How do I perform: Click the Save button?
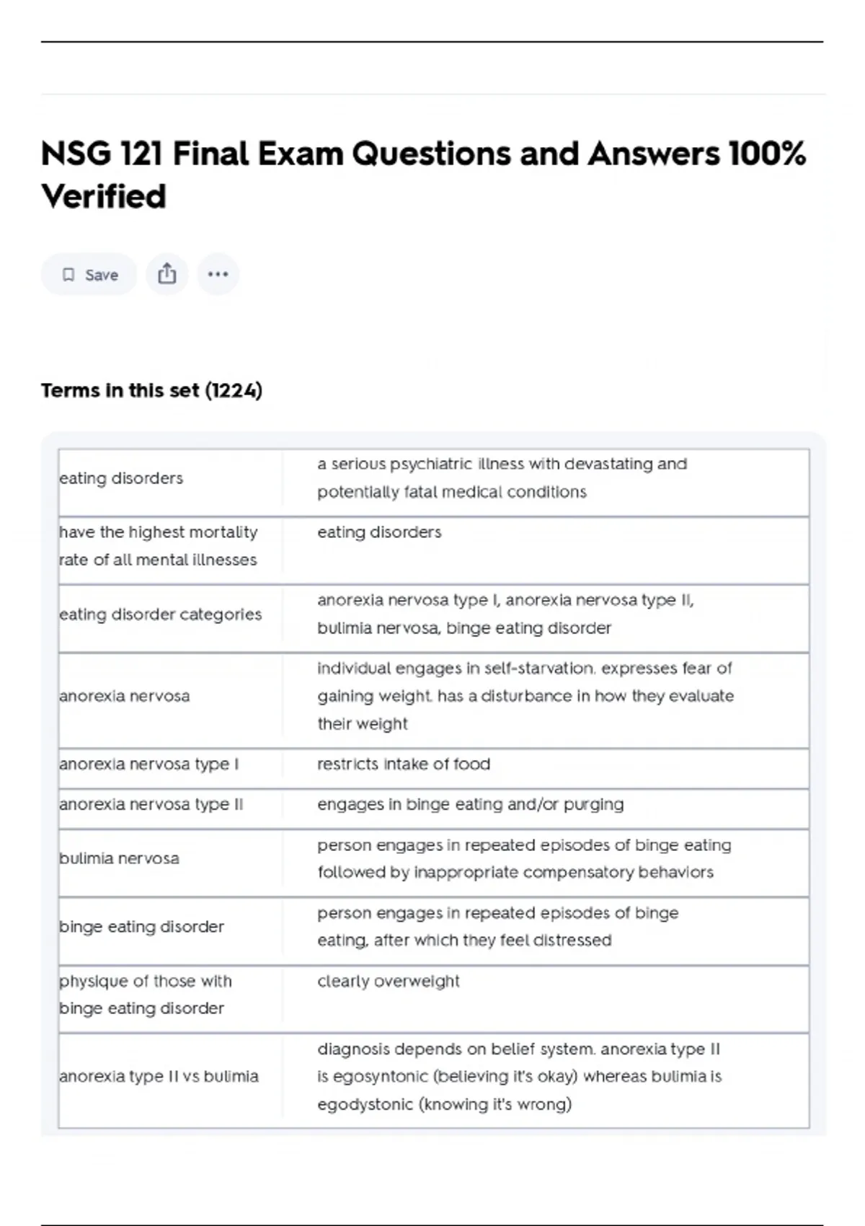[x=89, y=275]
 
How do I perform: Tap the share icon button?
[x=167, y=274]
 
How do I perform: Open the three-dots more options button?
[x=218, y=274]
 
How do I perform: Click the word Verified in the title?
[x=104, y=196]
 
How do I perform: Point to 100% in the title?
[x=767, y=154]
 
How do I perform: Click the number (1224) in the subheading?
[x=234, y=390]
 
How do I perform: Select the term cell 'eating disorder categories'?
[x=160, y=614]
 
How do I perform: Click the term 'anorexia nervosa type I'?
[x=148, y=764]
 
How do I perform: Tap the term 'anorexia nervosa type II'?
[x=151, y=804]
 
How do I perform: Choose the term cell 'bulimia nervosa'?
[x=119, y=858]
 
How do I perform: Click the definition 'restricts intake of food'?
[x=404, y=764]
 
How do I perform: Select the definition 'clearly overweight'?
[x=389, y=981]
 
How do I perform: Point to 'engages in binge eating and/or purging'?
[x=471, y=804]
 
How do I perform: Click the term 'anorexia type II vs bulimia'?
[x=159, y=1076]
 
